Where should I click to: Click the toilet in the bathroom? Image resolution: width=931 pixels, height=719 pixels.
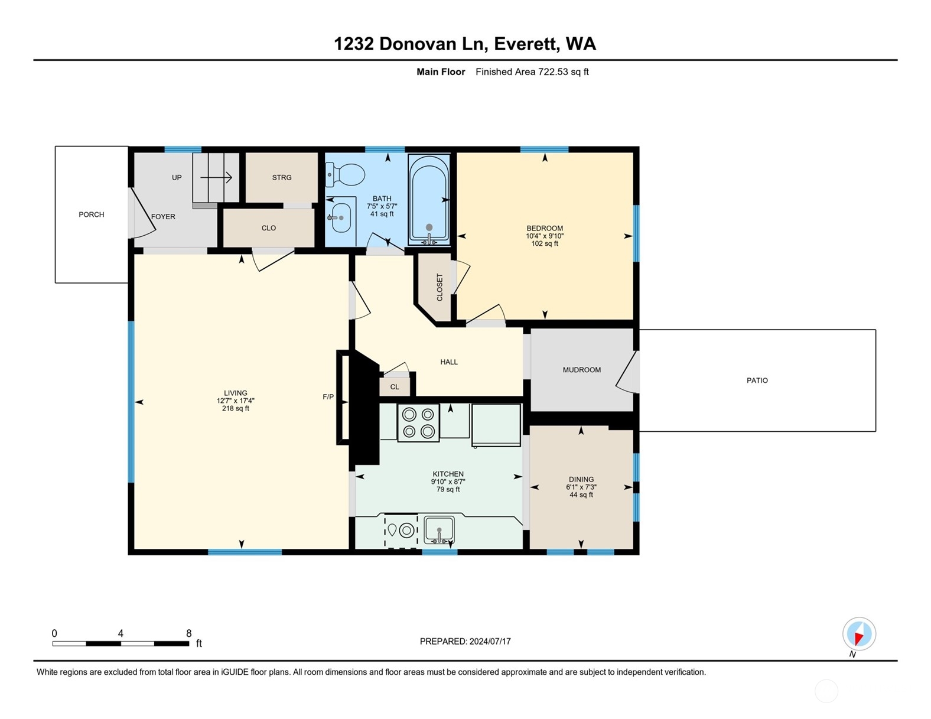345,175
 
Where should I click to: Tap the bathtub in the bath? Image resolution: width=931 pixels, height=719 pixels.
429,200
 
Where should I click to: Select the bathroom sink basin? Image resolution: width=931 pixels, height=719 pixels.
341,217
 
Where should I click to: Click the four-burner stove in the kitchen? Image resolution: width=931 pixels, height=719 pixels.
419,423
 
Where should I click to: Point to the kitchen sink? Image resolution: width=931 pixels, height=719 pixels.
439,530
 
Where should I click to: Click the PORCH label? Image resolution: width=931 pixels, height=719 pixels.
91,214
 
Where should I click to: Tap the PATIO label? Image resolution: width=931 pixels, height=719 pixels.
757,380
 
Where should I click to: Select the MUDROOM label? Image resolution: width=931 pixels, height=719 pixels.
582,370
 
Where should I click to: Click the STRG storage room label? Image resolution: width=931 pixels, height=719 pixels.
282,177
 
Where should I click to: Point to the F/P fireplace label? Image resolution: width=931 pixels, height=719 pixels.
328,397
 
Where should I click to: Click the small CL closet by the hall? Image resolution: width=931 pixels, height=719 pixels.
395,387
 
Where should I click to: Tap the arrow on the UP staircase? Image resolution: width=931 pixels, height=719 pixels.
216,177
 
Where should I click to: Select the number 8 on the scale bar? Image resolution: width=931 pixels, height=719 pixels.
188,633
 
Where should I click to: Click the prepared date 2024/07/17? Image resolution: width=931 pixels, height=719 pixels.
490,642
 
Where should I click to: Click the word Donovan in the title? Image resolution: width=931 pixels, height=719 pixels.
412,44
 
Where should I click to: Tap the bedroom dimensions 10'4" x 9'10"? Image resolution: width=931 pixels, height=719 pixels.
545,236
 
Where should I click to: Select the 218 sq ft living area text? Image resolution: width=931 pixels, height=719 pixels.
236,408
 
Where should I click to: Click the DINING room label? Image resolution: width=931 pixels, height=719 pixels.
581,480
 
